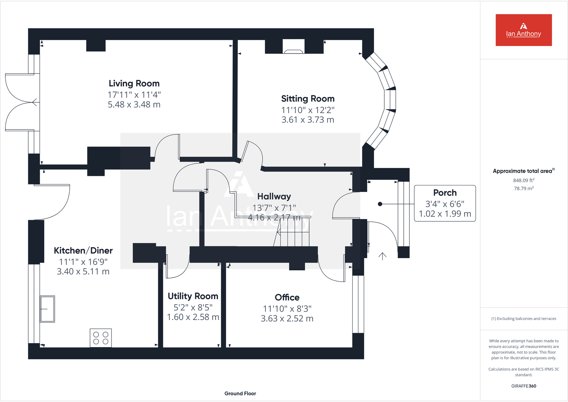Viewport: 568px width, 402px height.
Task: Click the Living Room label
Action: pyautogui.click(x=134, y=83)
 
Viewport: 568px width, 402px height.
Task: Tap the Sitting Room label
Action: pyautogui.click(x=308, y=99)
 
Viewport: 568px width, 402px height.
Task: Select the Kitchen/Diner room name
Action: pyautogui.click(x=83, y=250)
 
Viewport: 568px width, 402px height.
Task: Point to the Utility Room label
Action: pyautogui.click(x=193, y=296)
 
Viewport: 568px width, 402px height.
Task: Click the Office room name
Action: pyautogui.click(x=287, y=297)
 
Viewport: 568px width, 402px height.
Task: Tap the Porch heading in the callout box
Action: pyautogui.click(x=445, y=193)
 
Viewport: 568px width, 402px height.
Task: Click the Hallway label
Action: pyautogui.click(x=274, y=197)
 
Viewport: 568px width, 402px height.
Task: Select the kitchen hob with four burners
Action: pyautogui.click(x=101, y=338)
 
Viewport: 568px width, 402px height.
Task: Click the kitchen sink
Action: pyautogui.click(x=47, y=309)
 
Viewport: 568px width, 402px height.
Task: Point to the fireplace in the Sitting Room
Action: pyautogui.click(x=293, y=47)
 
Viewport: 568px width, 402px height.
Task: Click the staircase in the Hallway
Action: pyautogui.click(x=293, y=232)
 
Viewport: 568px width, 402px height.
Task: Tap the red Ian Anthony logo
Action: pyautogui.click(x=523, y=30)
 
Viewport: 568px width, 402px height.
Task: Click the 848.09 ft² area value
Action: pyautogui.click(x=523, y=180)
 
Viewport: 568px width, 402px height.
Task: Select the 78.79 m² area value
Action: pyautogui.click(x=523, y=188)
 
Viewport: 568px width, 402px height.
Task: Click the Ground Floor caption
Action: pyautogui.click(x=240, y=393)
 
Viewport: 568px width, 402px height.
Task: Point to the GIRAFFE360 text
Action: pyautogui.click(x=523, y=386)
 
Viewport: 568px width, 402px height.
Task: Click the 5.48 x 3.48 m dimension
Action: pyautogui.click(x=134, y=105)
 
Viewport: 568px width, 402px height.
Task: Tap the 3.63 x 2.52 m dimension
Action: pyautogui.click(x=287, y=319)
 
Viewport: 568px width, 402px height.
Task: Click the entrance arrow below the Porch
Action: pyautogui.click(x=383, y=256)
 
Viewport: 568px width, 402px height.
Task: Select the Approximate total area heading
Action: pyautogui.click(x=523, y=171)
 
